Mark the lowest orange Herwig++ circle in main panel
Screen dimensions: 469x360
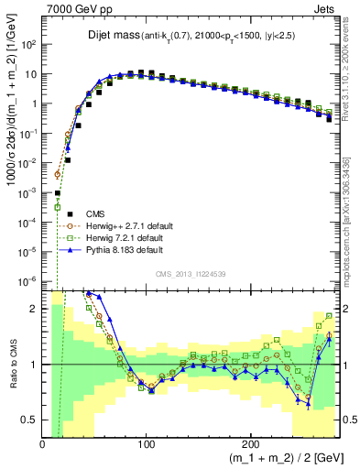click(x=58, y=174)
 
